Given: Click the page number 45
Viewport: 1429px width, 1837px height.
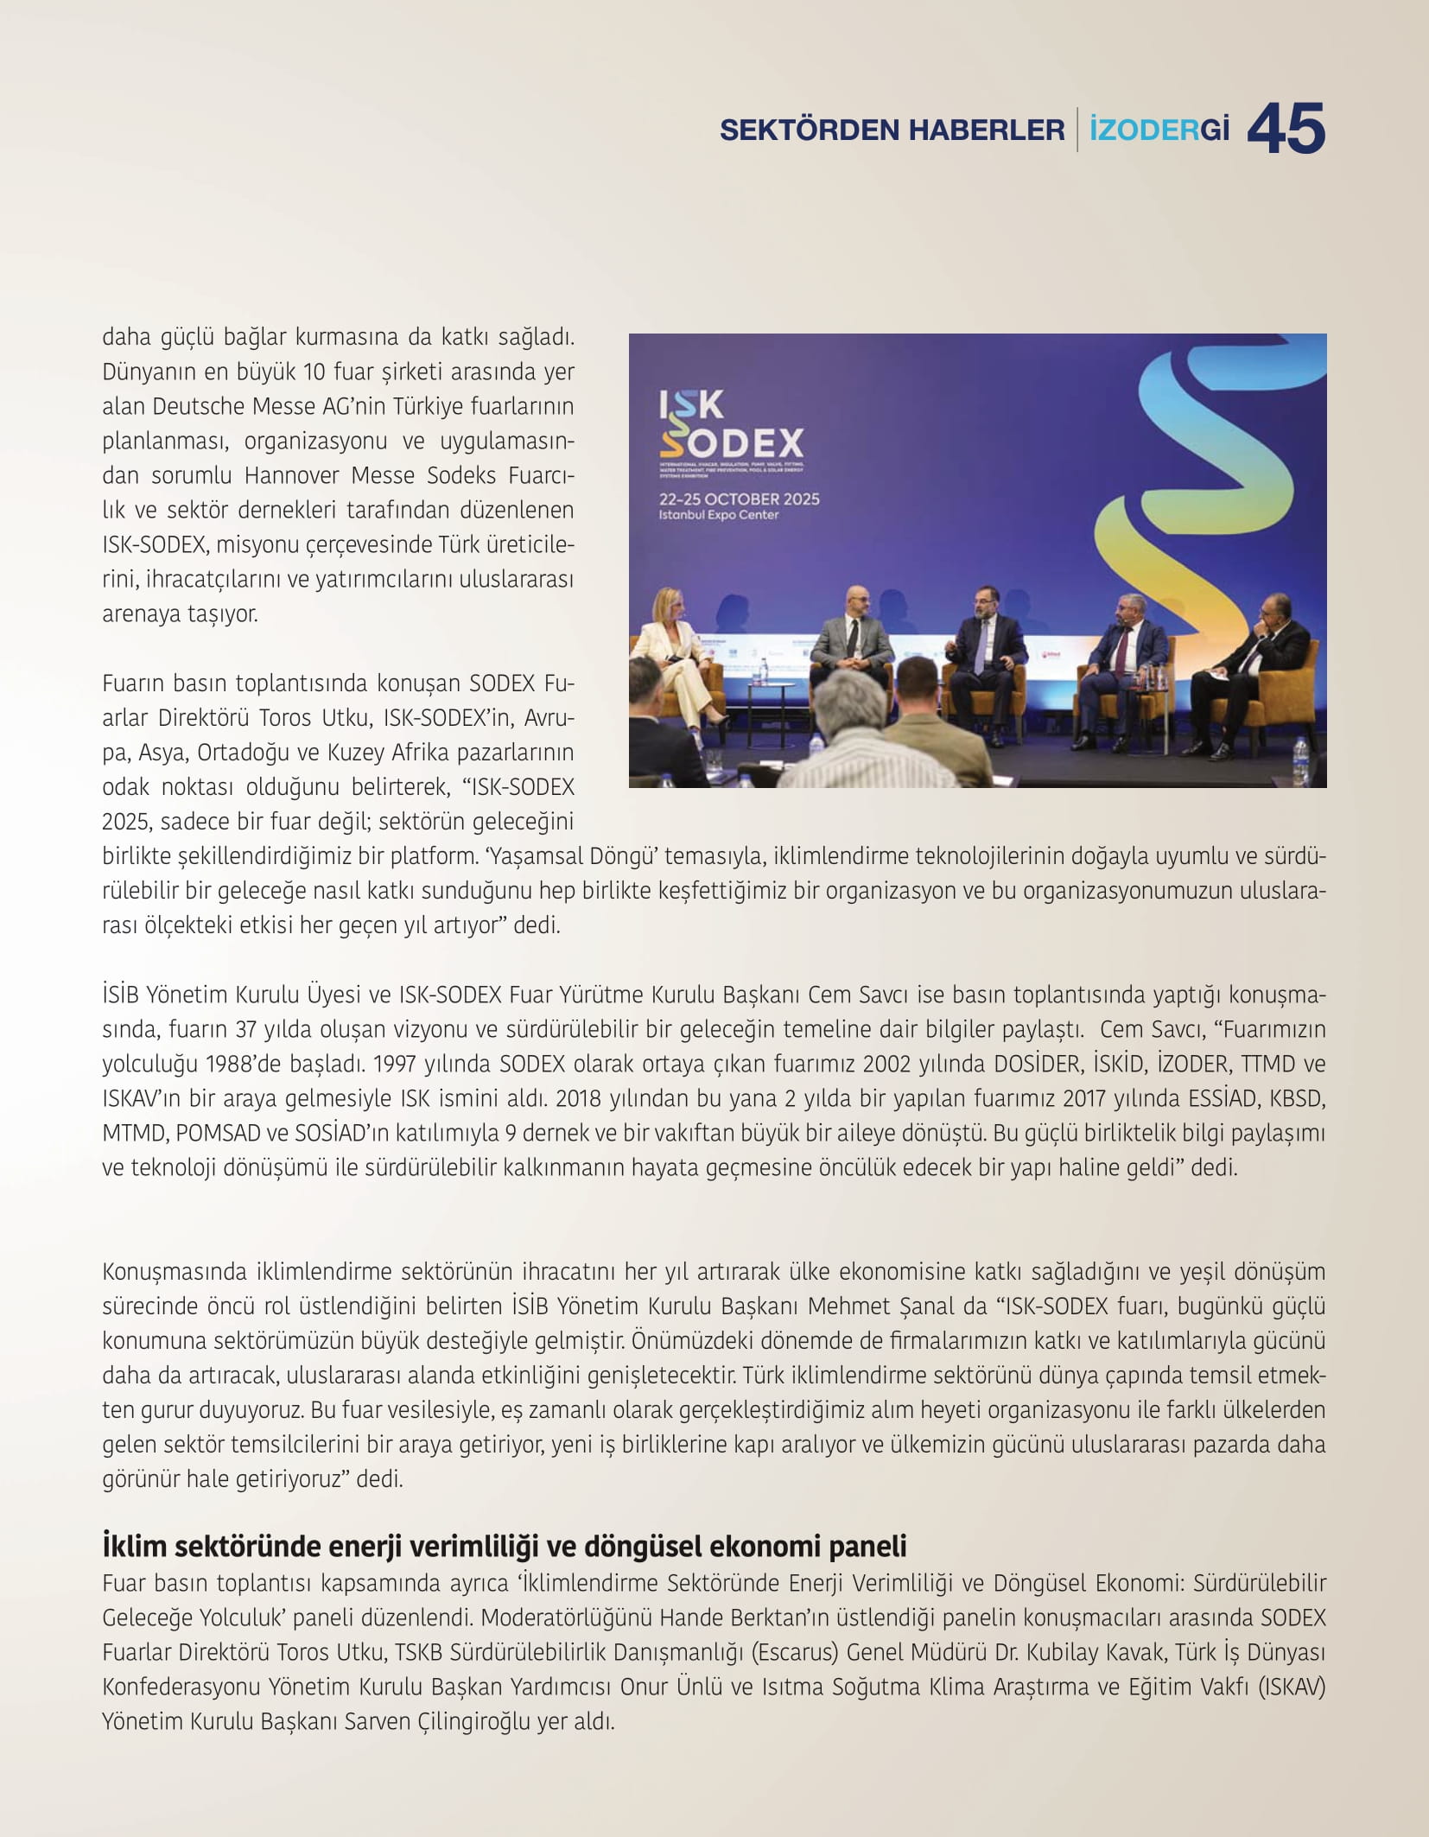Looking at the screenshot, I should click(1286, 130).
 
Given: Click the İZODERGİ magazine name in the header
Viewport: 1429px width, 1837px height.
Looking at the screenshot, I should click(1159, 130).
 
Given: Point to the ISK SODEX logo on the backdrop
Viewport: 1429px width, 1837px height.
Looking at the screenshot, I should click(730, 424).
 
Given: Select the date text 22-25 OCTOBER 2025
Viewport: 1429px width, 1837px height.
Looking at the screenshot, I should click(739, 499).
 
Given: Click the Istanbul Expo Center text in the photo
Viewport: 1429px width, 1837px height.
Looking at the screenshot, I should click(719, 515).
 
